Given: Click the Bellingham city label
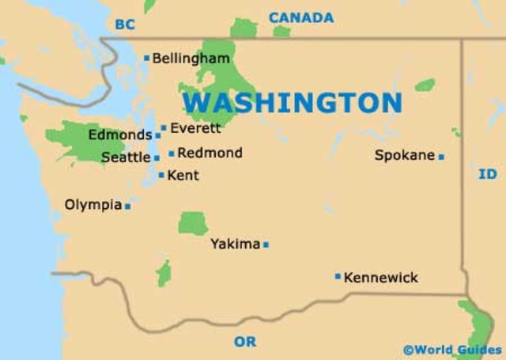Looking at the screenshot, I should click(191, 59).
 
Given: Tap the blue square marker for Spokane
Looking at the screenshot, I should click(441, 157).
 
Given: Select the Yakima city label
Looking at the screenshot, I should click(235, 244).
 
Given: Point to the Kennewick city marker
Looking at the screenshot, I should click(338, 276).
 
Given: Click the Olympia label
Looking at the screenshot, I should click(93, 205).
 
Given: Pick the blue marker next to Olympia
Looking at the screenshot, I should click(127, 206).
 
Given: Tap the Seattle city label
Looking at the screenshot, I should click(125, 157).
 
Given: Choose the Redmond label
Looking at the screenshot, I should click(210, 153).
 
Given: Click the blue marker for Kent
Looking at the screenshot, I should click(161, 175).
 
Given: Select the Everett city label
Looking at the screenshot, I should click(195, 127).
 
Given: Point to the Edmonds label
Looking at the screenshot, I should click(119, 135).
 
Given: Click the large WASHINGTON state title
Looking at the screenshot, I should click(292, 103).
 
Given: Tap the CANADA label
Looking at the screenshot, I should click(300, 17).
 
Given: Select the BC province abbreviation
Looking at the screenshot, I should click(124, 25).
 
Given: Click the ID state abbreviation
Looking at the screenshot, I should click(488, 174).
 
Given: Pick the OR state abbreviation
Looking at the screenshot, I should click(245, 342).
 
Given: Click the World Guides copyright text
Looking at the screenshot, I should click(451, 349).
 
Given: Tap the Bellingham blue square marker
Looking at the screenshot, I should click(146, 58).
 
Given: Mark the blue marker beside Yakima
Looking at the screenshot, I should click(266, 244).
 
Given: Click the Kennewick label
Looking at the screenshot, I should click(381, 278).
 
